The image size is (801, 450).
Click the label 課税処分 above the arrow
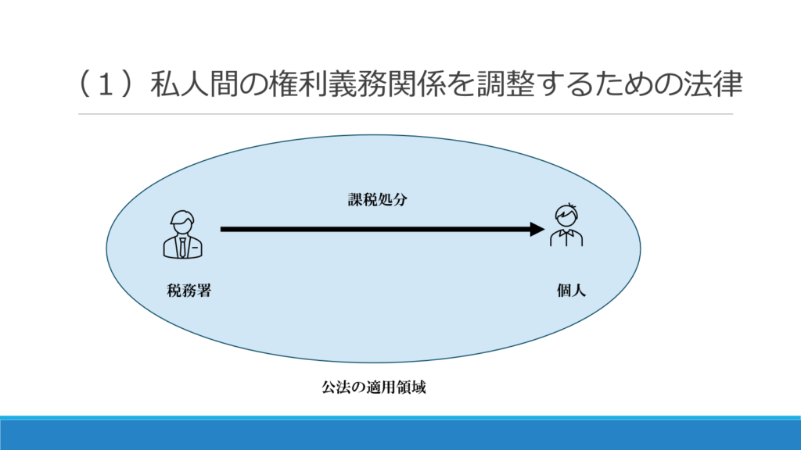click(x=378, y=199)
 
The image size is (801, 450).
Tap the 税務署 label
click(x=189, y=291)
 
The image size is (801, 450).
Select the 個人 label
click(x=571, y=291)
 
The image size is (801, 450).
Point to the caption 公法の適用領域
click(x=374, y=387)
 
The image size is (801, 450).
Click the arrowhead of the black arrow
click(x=537, y=229)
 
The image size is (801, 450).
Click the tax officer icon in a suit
click(x=183, y=234)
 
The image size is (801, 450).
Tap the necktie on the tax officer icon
click(x=182, y=247)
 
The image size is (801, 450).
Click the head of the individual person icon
click(x=566, y=215)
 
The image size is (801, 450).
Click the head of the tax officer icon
click(x=183, y=223)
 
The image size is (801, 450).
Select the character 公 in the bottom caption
click(x=329, y=387)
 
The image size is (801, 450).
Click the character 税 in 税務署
click(x=174, y=291)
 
